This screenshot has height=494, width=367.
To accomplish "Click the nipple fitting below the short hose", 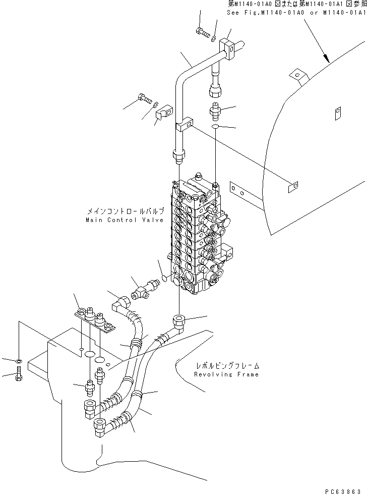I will [x=216, y=109].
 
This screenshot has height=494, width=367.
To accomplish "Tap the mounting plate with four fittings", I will [x=96, y=321].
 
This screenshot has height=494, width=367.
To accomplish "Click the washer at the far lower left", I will [x=18, y=361].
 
